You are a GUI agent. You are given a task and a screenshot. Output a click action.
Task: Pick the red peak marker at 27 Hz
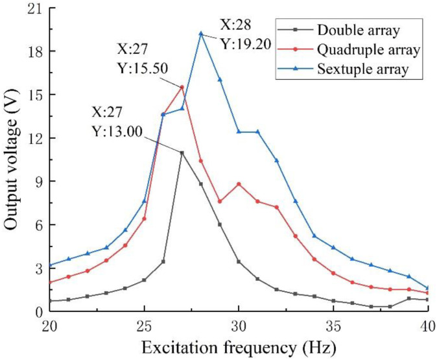pos(182,87)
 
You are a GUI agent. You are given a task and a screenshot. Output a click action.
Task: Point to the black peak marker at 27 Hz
pos(182,152)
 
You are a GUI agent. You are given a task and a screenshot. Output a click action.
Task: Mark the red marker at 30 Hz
pos(239,184)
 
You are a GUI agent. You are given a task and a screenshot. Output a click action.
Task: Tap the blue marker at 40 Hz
pos(427,288)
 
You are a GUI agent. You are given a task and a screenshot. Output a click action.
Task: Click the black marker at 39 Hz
pos(408,298)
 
